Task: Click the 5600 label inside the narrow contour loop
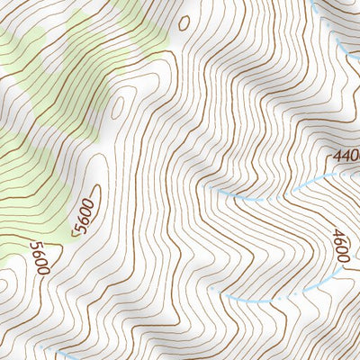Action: (x=85, y=216)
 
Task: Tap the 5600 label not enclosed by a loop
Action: (x=39, y=257)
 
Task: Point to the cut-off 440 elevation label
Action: (x=346, y=157)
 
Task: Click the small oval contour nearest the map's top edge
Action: (x=184, y=22)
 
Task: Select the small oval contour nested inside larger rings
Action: (x=118, y=107)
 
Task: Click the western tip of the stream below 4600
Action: (x=225, y=297)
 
